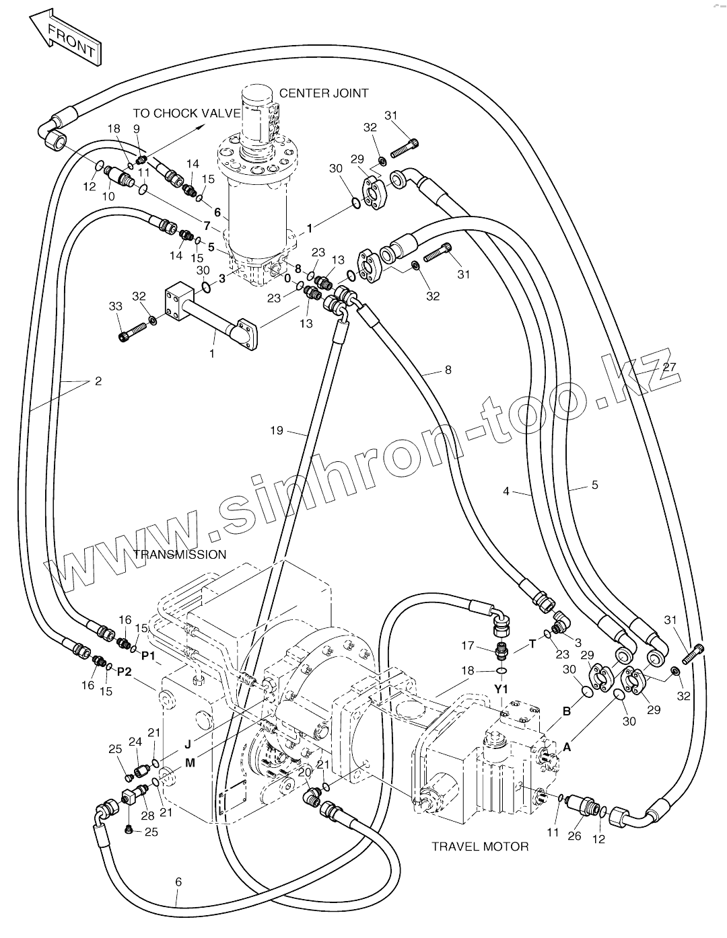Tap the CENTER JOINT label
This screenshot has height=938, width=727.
click(x=324, y=93)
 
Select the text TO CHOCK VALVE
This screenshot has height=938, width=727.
click(x=186, y=113)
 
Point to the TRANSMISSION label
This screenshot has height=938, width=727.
click(x=180, y=555)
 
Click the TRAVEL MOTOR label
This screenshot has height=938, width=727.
click(x=480, y=846)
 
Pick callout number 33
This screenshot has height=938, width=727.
click(x=116, y=306)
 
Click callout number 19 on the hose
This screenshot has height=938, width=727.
click(x=277, y=430)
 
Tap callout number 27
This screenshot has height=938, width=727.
click(x=668, y=366)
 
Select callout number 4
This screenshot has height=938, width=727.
click(x=506, y=491)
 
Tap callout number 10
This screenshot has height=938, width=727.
click(x=108, y=196)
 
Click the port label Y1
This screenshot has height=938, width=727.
click(x=501, y=689)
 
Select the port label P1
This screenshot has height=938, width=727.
click(x=148, y=654)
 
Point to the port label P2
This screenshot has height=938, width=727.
click(x=125, y=671)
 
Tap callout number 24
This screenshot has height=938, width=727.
click(x=135, y=742)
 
